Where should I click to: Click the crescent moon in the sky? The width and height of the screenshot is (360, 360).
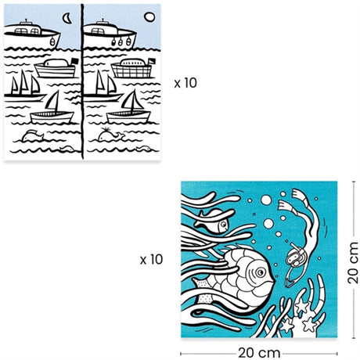(67, 18)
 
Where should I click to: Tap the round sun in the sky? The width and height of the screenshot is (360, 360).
(149, 17)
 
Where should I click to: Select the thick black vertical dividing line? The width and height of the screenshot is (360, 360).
(82, 81)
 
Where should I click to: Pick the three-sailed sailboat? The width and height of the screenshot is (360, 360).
(24, 86)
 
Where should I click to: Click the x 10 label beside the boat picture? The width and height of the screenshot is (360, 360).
(185, 83)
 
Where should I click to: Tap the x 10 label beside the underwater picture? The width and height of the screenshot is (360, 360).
(151, 259)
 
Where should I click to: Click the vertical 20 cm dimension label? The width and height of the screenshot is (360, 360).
(353, 263)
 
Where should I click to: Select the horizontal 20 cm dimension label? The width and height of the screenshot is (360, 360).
(259, 353)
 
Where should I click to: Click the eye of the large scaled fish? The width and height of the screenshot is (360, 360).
(260, 272)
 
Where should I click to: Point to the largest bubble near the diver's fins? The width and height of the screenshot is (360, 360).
(266, 200)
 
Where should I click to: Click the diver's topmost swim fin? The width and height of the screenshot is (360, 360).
(300, 195)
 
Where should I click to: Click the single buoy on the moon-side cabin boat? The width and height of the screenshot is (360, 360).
(52, 41)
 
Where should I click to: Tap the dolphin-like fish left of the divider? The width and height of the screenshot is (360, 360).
(32, 135)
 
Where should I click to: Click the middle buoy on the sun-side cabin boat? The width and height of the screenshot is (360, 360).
(121, 41)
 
